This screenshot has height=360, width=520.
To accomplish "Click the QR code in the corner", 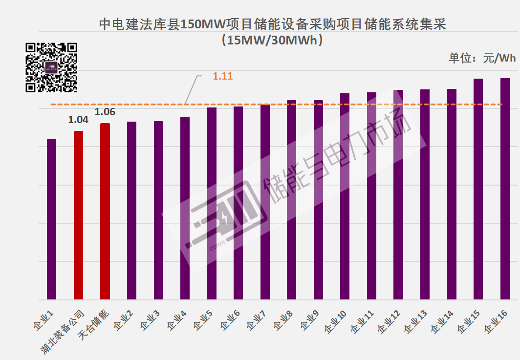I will click(x=51, y=67).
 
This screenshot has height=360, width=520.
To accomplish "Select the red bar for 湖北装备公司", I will click(x=78, y=215).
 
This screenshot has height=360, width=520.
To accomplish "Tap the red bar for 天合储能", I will click(x=105, y=211).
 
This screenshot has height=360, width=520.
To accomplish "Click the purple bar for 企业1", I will click(x=51, y=219).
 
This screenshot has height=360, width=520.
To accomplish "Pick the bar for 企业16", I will click(x=505, y=189).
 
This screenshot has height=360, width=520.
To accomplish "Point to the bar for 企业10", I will click(x=345, y=196).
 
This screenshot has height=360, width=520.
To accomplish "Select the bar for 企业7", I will click(x=265, y=202).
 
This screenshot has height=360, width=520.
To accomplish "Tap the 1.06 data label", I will click(x=105, y=112).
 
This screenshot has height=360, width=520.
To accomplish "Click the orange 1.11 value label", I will click(x=222, y=76).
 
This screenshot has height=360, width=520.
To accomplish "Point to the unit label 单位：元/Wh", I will click(x=482, y=58).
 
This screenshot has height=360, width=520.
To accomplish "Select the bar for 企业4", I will click(x=185, y=208).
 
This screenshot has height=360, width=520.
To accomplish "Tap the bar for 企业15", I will click(x=478, y=189).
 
